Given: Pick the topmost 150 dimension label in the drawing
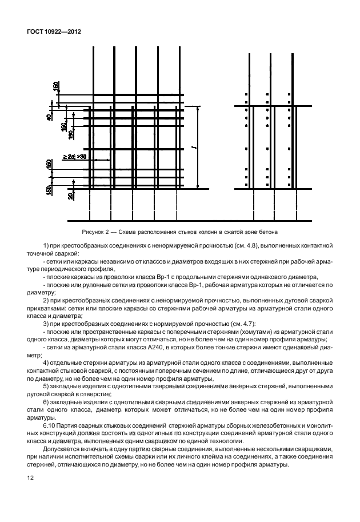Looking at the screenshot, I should (55, 86).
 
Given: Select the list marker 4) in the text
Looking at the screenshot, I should (46, 362).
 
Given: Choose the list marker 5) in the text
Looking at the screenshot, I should (46, 386).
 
